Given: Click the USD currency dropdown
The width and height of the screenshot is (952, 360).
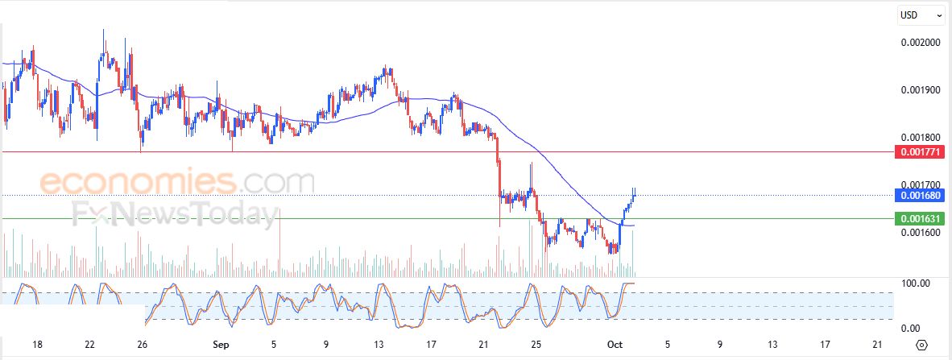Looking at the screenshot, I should (921, 14).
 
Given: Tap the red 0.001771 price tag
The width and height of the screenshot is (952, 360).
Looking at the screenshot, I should (919, 151).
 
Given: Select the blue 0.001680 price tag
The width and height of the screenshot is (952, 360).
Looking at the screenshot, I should (919, 195).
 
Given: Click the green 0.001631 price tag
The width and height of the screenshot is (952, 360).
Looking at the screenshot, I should (919, 218).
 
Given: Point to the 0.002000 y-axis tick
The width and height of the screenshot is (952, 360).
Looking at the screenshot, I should (919, 43).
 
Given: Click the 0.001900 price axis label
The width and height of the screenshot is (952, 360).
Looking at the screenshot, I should (919, 90).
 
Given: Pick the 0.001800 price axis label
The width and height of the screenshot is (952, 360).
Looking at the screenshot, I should (919, 138).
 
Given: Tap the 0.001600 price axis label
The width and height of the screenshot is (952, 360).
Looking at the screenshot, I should (919, 233).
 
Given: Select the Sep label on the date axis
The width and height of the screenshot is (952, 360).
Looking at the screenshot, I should (221, 345).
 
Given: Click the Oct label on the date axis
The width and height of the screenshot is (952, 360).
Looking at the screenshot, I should (615, 345).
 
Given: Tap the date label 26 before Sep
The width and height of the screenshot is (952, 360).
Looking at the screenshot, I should (142, 345).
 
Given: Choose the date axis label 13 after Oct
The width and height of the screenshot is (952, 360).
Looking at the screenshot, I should (772, 345).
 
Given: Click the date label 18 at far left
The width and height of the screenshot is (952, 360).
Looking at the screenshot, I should (37, 345).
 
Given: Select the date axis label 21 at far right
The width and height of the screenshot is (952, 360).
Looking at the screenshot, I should (877, 345).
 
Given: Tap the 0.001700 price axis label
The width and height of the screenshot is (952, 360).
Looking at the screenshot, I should (919, 185).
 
